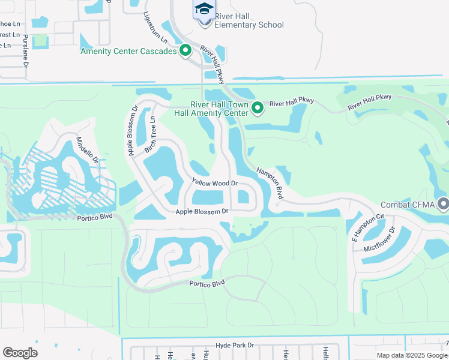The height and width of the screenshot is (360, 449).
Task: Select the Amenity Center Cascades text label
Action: (128, 52)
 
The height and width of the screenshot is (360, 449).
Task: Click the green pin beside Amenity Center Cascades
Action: (185, 51)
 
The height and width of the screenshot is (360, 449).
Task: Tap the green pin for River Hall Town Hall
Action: (258, 108)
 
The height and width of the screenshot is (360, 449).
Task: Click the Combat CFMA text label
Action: (409, 205)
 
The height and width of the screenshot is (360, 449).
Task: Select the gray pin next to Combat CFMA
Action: (444, 205)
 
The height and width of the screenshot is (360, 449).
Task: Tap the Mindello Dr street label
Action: (87, 150)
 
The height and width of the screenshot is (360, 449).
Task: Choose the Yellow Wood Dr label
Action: (214, 182)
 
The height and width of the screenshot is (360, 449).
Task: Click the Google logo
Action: (20, 353)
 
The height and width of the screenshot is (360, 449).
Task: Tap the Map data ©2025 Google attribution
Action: (411, 355)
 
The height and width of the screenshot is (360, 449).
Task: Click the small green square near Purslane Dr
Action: (40, 41)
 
